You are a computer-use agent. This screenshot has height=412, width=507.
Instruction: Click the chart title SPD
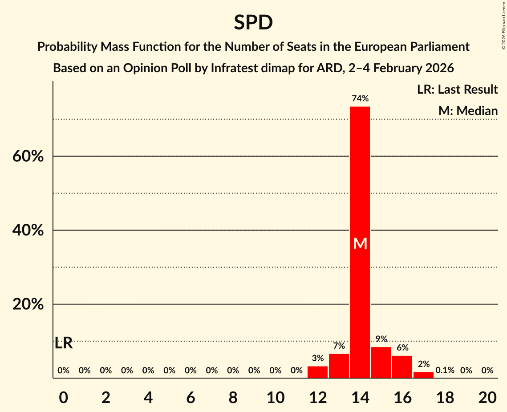point(253,22)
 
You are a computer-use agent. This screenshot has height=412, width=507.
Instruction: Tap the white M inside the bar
point(360,244)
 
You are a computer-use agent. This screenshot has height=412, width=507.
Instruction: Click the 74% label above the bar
point(360,99)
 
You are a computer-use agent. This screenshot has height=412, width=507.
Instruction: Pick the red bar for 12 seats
point(317,372)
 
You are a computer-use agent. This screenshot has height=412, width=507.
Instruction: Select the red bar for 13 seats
point(339,366)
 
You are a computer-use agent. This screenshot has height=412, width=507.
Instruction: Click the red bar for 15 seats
point(381,363)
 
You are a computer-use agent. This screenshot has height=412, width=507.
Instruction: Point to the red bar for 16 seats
point(402,367)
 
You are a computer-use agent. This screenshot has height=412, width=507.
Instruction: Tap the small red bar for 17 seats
point(423,375)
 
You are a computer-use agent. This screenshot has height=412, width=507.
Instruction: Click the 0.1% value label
point(445,371)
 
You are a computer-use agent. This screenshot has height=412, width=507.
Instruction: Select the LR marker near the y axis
point(64,343)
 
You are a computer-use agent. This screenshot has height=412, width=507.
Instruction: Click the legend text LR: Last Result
point(457,90)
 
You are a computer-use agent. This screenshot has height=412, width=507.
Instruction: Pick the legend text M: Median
point(468,111)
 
